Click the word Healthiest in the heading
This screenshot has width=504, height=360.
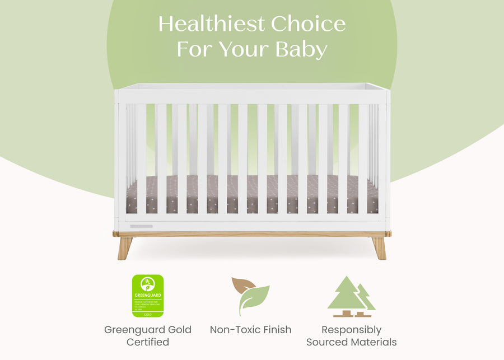[211, 24]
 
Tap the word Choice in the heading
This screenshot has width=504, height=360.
[309, 24]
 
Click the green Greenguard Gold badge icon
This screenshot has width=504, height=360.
[148, 296]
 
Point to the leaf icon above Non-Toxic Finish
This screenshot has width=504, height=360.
[250, 296]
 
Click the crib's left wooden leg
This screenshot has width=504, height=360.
[125, 247]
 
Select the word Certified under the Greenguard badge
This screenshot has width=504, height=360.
[148, 342]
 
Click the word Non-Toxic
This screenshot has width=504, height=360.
[235, 330]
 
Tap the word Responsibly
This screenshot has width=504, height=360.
[352, 330]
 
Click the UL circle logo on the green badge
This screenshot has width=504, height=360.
[148, 282]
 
